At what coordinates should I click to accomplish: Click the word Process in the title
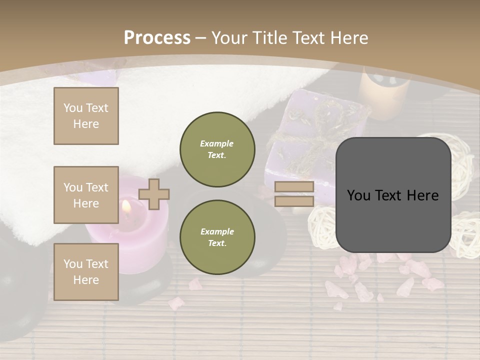coord(157,38)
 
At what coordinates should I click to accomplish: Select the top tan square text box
coord(86,116)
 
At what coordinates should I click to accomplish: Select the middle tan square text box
coord(86,195)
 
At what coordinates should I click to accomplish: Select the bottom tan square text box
coord(86,271)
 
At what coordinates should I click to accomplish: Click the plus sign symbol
coord(154,194)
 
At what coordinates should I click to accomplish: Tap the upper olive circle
coord(217,149)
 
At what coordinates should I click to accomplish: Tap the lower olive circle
coord(217,237)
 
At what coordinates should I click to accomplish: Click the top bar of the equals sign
coord(294,186)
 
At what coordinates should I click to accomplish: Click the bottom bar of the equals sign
coord(294,201)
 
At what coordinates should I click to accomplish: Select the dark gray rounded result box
coord(393,195)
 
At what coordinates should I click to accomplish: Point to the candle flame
coord(126,206)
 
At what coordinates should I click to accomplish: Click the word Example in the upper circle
coord(217,143)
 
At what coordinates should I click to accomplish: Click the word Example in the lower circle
coord(217,231)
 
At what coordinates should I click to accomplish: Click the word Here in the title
coord(348,38)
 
